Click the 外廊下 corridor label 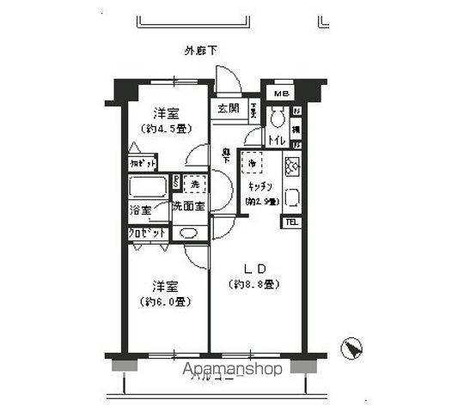click(x=200, y=51)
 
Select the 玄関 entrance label click(x=227, y=109)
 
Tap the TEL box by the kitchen click(x=291, y=222)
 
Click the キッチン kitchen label click(x=260, y=185)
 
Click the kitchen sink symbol click(x=291, y=197)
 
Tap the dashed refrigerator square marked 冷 click(x=253, y=161)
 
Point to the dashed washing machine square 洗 click(x=195, y=185)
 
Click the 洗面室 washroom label click(x=188, y=206)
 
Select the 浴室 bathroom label click(x=141, y=209)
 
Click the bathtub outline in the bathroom click(x=148, y=186)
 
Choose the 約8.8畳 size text click(x=254, y=284)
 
